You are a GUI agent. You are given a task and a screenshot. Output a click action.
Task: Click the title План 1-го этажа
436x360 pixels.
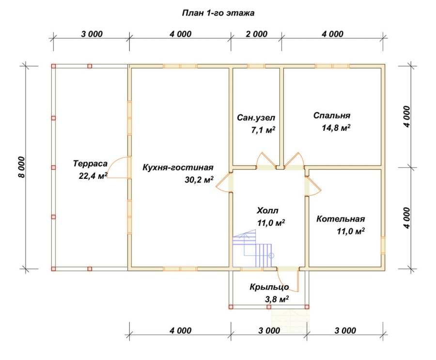[x=218, y=13]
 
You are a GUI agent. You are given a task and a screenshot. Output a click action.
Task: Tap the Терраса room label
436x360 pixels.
[x=90, y=163]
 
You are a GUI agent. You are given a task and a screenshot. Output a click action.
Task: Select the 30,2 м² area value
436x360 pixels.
[x=199, y=180]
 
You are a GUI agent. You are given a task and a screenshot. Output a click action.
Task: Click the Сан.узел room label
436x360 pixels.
[x=256, y=118]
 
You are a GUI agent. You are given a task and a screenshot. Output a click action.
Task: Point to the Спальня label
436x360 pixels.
[x=332, y=115]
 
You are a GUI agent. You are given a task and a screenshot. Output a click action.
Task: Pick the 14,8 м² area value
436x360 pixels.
[x=336, y=128]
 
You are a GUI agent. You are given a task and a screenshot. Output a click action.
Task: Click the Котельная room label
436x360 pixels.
[x=341, y=219]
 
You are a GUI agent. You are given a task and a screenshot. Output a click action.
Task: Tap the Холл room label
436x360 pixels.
[x=267, y=210]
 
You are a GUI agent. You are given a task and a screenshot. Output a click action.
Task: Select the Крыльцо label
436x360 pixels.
[x=269, y=287]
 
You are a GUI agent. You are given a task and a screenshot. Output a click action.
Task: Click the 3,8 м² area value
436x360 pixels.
[x=277, y=299]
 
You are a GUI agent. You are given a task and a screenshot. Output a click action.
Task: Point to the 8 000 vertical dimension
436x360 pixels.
[x=22, y=167]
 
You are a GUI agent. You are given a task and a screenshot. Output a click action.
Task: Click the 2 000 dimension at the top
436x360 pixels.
[x=256, y=34]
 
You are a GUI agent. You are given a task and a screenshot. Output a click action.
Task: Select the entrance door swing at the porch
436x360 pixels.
[x=288, y=279]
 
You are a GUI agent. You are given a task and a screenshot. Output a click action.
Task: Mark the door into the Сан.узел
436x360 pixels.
[x=266, y=161]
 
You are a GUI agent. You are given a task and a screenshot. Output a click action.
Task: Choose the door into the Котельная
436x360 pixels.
[x=313, y=186]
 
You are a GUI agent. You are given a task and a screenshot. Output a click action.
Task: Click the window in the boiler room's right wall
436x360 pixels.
[x=383, y=245]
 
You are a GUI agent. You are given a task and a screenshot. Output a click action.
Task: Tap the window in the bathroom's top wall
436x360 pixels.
[x=256, y=66]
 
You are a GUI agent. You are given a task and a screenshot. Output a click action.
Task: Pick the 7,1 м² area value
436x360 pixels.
[x=263, y=130]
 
